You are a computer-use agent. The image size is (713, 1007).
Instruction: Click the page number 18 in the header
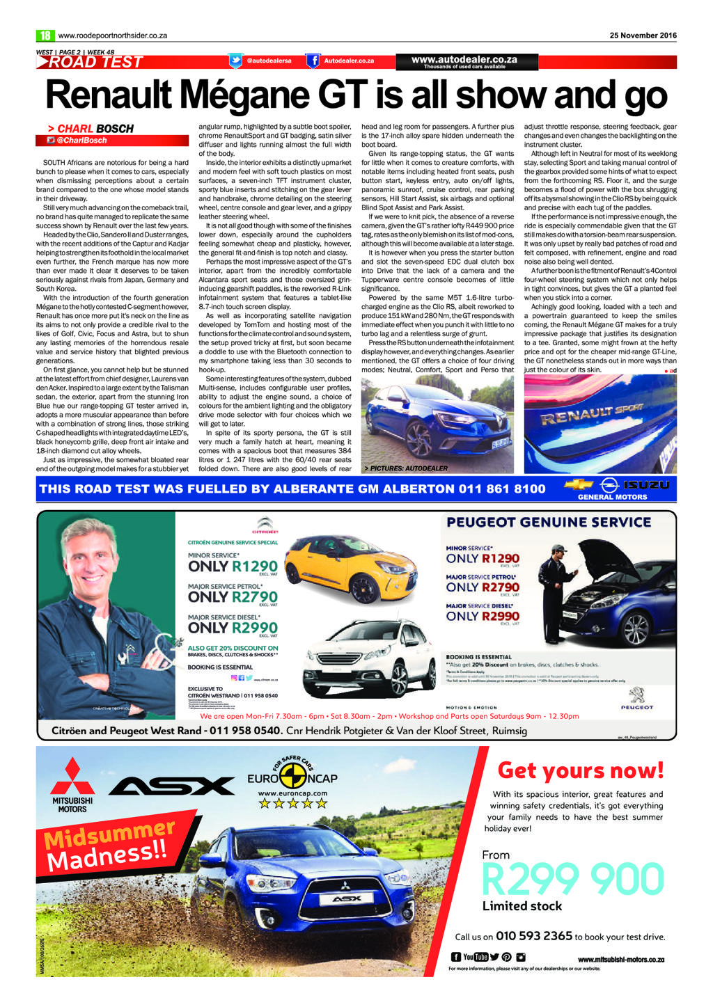pyautogui.click(x=45, y=35)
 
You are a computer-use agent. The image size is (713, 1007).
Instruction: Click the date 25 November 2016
pyautogui.click(x=643, y=35)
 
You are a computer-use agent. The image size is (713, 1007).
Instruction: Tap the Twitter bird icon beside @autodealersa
pyautogui.click(x=236, y=61)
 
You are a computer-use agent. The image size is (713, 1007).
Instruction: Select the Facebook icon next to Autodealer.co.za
pyautogui.click(x=314, y=61)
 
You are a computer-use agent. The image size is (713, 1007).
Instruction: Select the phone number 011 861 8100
pyautogui.click(x=502, y=489)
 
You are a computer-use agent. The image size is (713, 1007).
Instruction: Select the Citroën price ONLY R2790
pyautogui.click(x=233, y=597)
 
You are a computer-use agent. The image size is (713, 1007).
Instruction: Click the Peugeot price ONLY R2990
pyautogui.click(x=483, y=616)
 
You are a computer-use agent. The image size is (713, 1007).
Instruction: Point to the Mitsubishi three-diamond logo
pyautogui.click(x=72, y=778)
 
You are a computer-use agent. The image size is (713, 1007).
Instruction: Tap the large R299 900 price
pyautogui.click(x=572, y=880)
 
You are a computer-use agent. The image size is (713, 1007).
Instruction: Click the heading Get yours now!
pyautogui.click(x=580, y=770)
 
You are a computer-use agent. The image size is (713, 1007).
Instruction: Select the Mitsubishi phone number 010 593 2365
pyautogui.click(x=533, y=936)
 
